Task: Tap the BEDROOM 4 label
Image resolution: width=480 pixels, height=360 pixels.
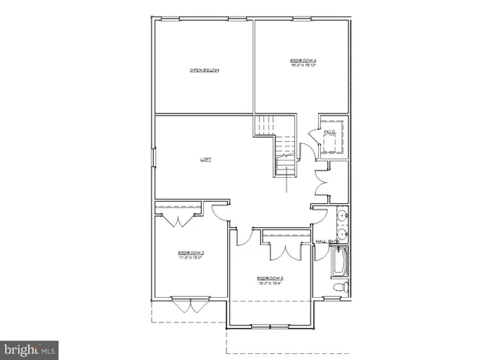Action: click(x=304, y=59)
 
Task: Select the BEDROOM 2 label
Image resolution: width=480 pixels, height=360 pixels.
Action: click(x=191, y=253)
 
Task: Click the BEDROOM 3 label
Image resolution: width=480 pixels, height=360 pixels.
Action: click(x=271, y=278)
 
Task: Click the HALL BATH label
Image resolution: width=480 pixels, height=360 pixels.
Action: click(x=328, y=241)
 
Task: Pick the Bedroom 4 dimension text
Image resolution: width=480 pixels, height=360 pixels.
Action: click(x=304, y=65)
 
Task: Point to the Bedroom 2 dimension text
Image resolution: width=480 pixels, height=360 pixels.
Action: click(x=191, y=259)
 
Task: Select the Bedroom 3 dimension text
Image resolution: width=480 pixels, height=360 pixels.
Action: click(x=271, y=284)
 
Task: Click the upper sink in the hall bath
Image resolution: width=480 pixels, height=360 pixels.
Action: click(x=342, y=217)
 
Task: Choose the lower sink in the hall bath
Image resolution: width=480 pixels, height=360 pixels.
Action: click(x=342, y=234)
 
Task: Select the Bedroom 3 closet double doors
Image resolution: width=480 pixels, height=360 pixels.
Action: click(x=285, y=249)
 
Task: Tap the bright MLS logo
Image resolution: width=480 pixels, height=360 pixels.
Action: click(x=30, y=349)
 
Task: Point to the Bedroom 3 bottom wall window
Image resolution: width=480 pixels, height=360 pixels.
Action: click(x=271, y=325)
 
